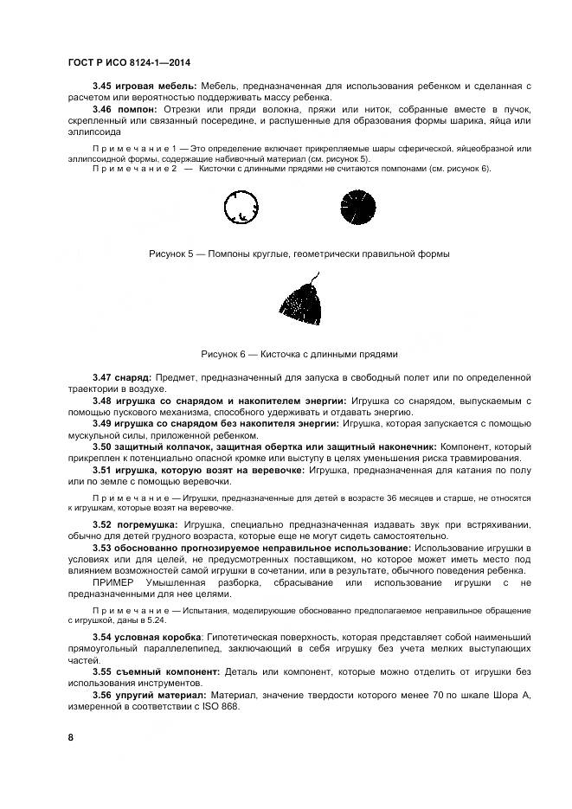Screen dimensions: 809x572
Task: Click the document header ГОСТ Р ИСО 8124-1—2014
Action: (x=129, y=63)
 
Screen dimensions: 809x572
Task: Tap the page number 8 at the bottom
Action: (x=70, y=736)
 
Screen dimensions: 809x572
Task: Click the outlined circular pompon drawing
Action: (x=241, y=209)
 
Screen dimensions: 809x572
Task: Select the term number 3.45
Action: (x=105, y=87)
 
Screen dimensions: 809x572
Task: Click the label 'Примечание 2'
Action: (x=134, y=170)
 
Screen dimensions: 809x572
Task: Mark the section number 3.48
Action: (x=105, y=401)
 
